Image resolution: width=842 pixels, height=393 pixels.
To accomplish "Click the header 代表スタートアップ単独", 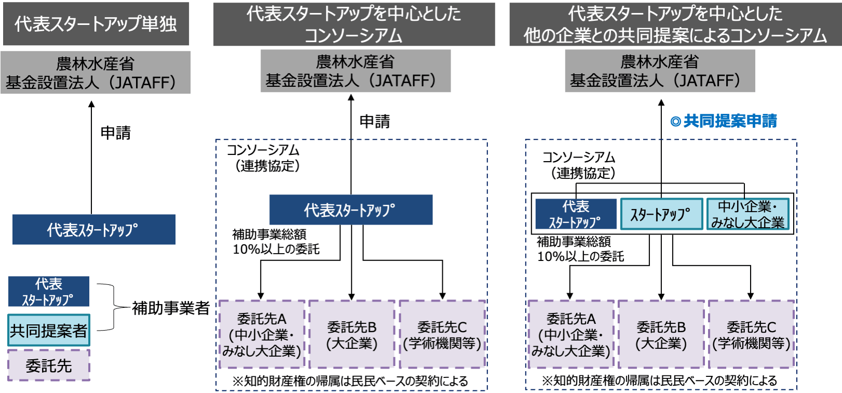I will (96, 24).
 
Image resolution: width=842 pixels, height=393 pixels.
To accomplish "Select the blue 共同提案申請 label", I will (724, 121).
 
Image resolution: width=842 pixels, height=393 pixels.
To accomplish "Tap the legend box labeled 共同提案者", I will (49, 330).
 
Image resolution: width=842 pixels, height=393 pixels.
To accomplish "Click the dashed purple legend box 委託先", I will (49, 365).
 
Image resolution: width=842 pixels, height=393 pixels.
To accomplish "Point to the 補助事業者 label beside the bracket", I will (170, 308).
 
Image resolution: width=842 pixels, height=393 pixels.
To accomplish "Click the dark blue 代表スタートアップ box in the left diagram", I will (93, 229).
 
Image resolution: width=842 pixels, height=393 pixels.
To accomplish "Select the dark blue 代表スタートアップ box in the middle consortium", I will (350, 210).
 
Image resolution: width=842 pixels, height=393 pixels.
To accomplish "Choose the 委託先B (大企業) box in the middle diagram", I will (351, 335).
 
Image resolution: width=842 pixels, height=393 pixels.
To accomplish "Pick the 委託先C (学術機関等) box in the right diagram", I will (751, 335).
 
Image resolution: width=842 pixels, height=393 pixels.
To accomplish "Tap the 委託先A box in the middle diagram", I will (261, 335).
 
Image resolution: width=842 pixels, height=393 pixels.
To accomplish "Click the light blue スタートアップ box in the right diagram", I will (661, 214).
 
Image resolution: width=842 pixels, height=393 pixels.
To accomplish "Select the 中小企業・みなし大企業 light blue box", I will (748, 214).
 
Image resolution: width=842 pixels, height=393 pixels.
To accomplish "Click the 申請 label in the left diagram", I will (115, 133).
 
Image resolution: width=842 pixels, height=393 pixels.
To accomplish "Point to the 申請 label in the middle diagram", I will (374, 122).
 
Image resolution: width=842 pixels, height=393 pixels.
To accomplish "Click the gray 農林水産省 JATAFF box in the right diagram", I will (660, 71).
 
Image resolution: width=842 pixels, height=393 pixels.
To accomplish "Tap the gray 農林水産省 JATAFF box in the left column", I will (96, 73).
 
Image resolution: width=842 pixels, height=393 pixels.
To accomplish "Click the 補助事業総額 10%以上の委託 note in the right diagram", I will (580, 249).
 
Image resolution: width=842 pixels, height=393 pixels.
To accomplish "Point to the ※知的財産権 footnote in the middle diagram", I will (350, 381).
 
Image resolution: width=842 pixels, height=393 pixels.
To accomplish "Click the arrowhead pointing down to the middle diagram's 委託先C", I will (442, 295).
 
